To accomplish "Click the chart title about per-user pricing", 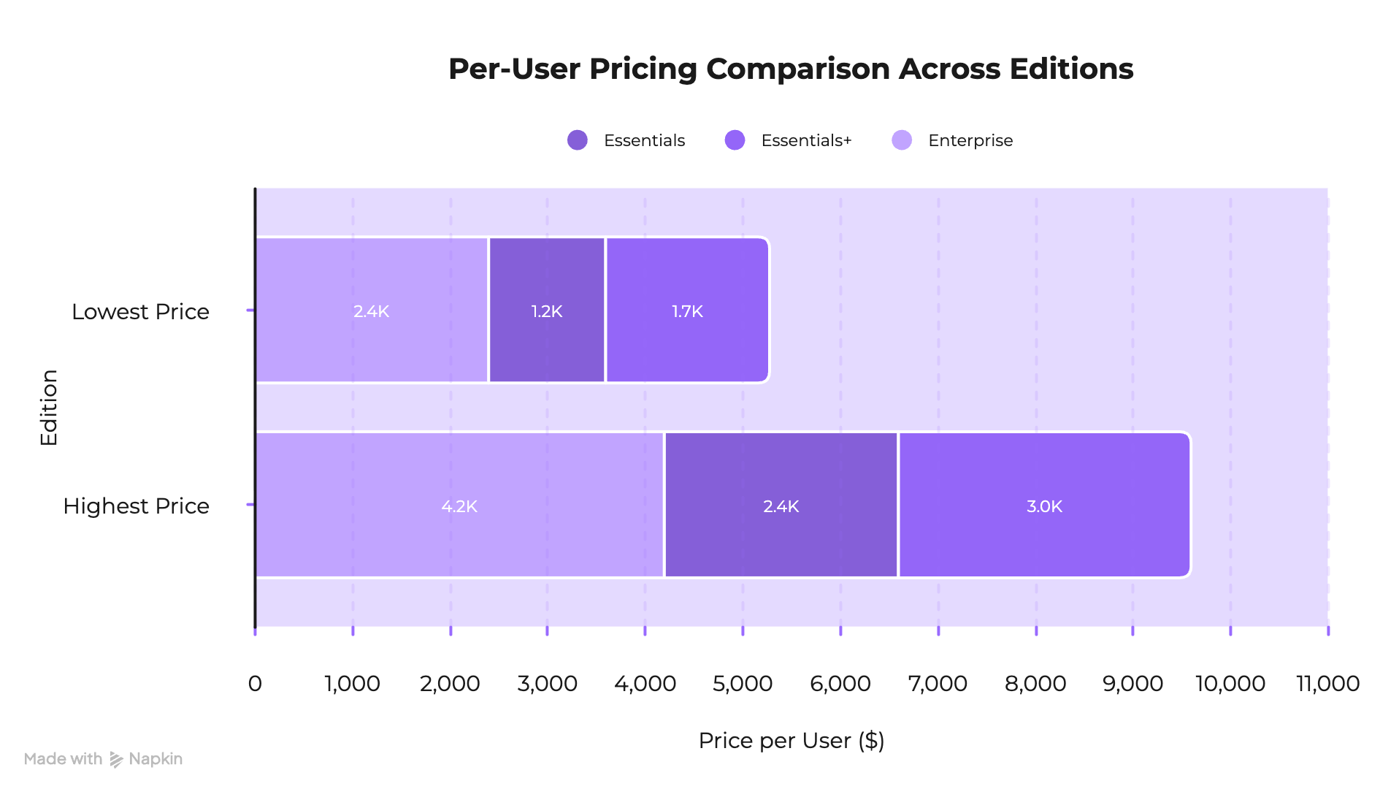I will (790, 69).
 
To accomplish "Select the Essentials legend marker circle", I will (578, 140).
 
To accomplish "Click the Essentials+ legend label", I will (805, 140).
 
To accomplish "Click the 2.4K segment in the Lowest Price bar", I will (371, 310).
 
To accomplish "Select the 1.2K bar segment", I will (546, 310).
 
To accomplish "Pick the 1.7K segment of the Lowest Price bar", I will (687, 310).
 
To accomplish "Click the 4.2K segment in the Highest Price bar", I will (459, 506).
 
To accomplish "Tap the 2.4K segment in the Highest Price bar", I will (781, 506).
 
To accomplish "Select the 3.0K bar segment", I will (1044, 506).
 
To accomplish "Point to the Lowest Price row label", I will (140, 312).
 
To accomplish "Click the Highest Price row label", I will (137, 506).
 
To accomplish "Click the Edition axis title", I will (49, 407).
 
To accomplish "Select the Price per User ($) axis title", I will (791, 741).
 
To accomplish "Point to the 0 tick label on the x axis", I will (254, 684).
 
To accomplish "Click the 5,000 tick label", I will (742, 684).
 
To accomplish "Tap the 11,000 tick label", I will (1327, 684).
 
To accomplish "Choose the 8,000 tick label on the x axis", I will (1035, 684).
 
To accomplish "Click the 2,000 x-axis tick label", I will (450, 684).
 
